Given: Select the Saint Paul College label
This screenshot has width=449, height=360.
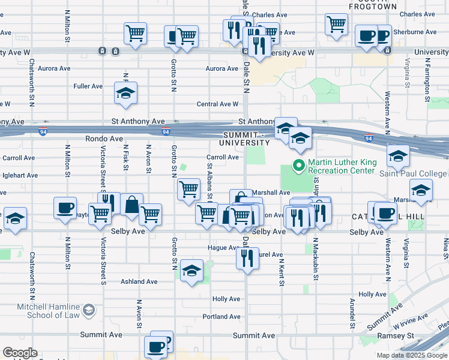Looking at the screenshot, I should point(412,173).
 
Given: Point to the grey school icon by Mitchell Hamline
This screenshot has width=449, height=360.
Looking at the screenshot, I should point(89,310).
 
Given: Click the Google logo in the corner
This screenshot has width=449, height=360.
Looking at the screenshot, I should point(20,353).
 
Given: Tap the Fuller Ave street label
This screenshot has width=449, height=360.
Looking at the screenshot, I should point(88,86).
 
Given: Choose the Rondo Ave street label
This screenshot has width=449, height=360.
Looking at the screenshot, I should point(83,139).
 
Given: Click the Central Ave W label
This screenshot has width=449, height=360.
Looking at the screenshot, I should point(217,104).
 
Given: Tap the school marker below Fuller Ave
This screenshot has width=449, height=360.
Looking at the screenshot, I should point(125,94).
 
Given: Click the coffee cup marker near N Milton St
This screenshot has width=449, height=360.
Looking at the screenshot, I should point(65,208).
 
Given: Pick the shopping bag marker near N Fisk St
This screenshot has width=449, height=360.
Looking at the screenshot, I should point(131,205).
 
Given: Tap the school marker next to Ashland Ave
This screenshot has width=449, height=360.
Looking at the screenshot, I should point(191,271).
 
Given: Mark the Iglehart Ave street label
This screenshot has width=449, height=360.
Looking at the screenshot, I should point(20,176).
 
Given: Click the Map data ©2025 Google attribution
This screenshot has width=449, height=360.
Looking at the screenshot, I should point(412,355).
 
